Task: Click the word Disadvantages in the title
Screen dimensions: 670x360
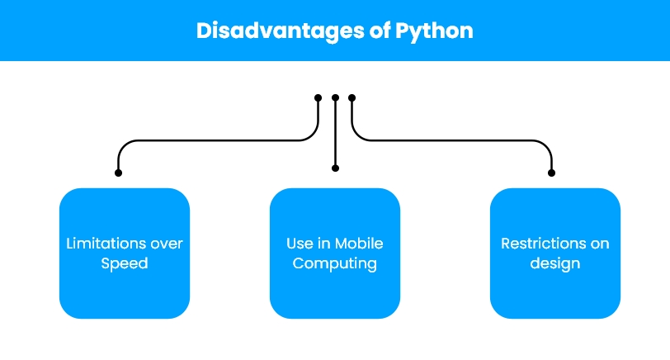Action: (280, 31)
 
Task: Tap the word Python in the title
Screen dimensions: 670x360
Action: (434, 31)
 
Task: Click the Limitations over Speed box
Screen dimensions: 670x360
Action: (125, 253)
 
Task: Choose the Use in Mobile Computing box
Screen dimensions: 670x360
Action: (335, 253)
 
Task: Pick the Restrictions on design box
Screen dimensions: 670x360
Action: (555, 253)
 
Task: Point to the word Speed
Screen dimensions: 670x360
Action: (125, 263)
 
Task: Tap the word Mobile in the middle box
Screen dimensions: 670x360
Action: (358, 244)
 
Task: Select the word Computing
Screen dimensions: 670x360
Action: (335, 263)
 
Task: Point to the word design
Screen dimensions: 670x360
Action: (555, 263)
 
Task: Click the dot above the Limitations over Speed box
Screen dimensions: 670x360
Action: (118, 173)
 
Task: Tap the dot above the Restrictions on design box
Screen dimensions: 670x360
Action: (552, 173)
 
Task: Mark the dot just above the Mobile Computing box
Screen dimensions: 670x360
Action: (336, 168)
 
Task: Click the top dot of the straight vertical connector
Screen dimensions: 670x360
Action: (336, 98)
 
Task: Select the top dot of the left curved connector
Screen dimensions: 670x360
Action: (318, 98)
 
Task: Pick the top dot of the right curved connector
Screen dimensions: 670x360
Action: (352, 98)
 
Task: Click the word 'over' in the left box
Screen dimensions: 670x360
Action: (167, 244)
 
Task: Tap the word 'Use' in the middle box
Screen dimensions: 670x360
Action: (295, 244)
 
